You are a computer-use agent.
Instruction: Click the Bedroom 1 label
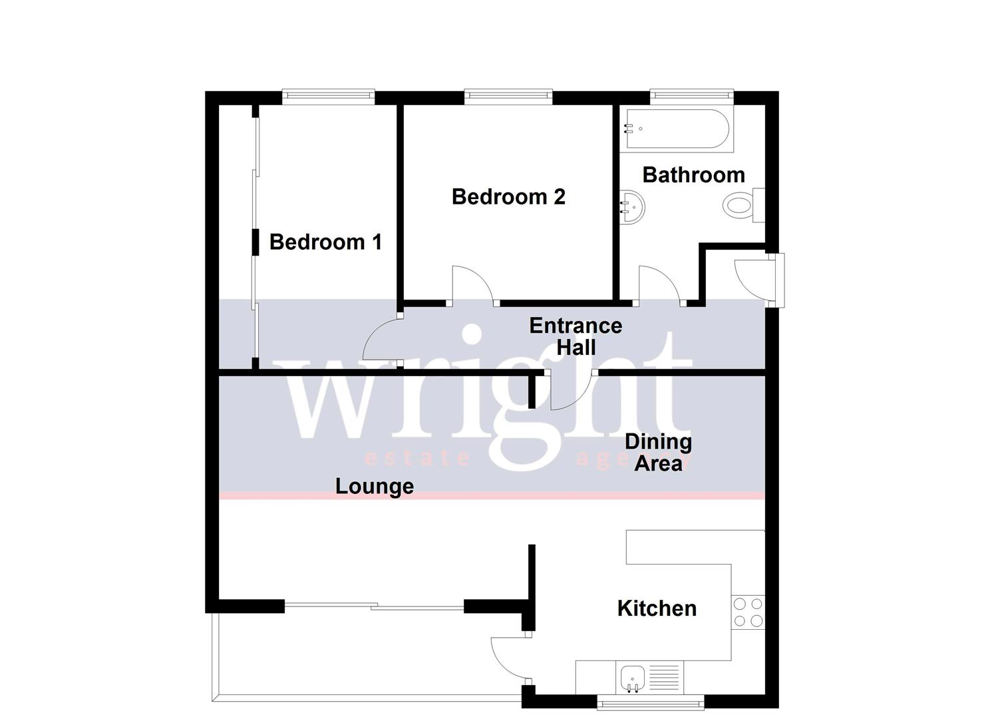(325, 242)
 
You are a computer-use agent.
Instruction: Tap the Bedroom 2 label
(508, 196)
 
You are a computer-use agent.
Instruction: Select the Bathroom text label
(693, 174)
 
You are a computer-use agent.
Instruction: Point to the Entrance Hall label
(576, 336)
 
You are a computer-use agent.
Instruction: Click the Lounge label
(375, 486)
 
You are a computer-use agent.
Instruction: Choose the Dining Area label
(658, 453)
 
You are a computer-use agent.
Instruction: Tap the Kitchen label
(657, 608)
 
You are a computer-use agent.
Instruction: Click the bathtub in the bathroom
(677, 129)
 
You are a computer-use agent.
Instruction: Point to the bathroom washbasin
(632, 207)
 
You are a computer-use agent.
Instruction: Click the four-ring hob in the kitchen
(748, 612)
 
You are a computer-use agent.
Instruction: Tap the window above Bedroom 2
(508, 97)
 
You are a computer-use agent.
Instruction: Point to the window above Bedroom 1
(328, 97)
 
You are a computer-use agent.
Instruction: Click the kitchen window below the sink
(650, 702)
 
